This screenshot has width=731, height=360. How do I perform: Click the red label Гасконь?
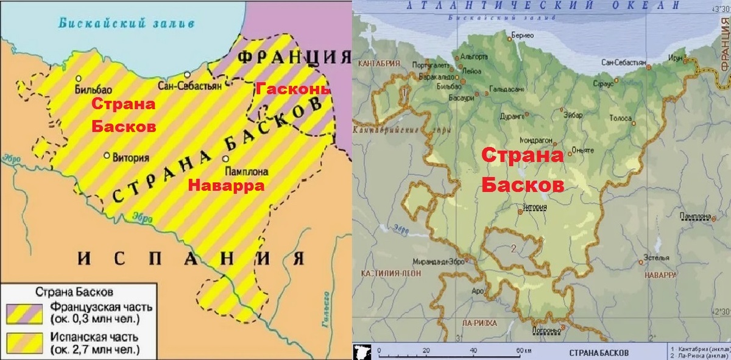[293, 89]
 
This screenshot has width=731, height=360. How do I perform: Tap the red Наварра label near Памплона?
[226, 186]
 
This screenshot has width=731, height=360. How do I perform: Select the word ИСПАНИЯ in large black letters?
[191, 259]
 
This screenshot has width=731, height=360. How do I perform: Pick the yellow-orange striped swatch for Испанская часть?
[24, 342]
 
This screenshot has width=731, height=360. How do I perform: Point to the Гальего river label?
[326, 311]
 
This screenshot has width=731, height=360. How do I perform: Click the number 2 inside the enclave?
[514, 248]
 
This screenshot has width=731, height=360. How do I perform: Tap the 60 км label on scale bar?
[522, 350]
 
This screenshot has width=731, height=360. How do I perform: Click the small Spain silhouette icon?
[363, 351]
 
